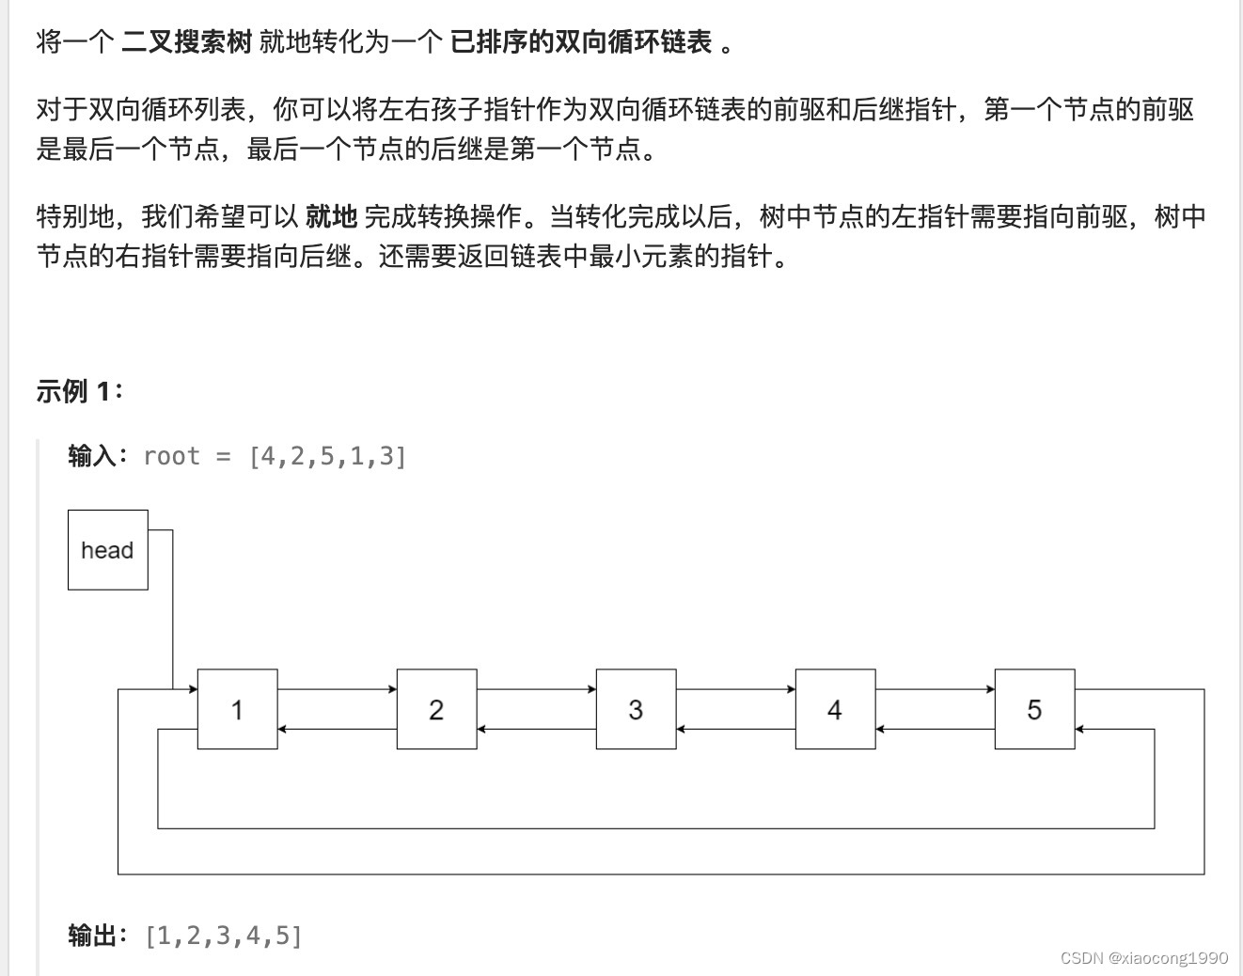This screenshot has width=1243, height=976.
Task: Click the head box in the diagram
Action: pos(107,550)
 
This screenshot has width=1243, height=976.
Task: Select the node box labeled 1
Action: pos(237,709)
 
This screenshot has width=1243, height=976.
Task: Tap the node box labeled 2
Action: pos(436,709)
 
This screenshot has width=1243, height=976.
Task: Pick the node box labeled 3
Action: pos(636,709)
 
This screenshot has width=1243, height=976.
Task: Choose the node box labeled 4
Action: pos(835,709)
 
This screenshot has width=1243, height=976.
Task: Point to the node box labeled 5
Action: pos(1034,709)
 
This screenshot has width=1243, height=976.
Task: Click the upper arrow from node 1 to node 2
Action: pos(337,689)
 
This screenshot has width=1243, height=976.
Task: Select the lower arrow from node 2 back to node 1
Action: pos(337,729)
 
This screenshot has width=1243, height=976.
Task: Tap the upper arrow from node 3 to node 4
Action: pos(735,689)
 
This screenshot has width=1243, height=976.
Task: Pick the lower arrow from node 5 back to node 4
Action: pos(935,729)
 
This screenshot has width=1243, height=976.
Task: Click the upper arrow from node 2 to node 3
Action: pos(536,689)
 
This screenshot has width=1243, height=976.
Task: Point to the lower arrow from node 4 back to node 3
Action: pos(735,729)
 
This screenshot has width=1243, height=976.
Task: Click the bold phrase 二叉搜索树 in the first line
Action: pos(186,42)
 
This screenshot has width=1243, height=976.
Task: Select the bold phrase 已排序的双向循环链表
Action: pos(581,42)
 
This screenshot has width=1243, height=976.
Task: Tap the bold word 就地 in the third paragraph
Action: pos(331,217)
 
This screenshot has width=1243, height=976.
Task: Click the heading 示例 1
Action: pos(79,391)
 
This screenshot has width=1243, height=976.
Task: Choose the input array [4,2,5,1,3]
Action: pos(327,457)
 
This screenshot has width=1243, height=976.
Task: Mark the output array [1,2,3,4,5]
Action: pos(224,936)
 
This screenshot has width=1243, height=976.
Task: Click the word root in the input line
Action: pos(171,457)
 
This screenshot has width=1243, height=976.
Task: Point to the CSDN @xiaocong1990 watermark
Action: pos(1143,957)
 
